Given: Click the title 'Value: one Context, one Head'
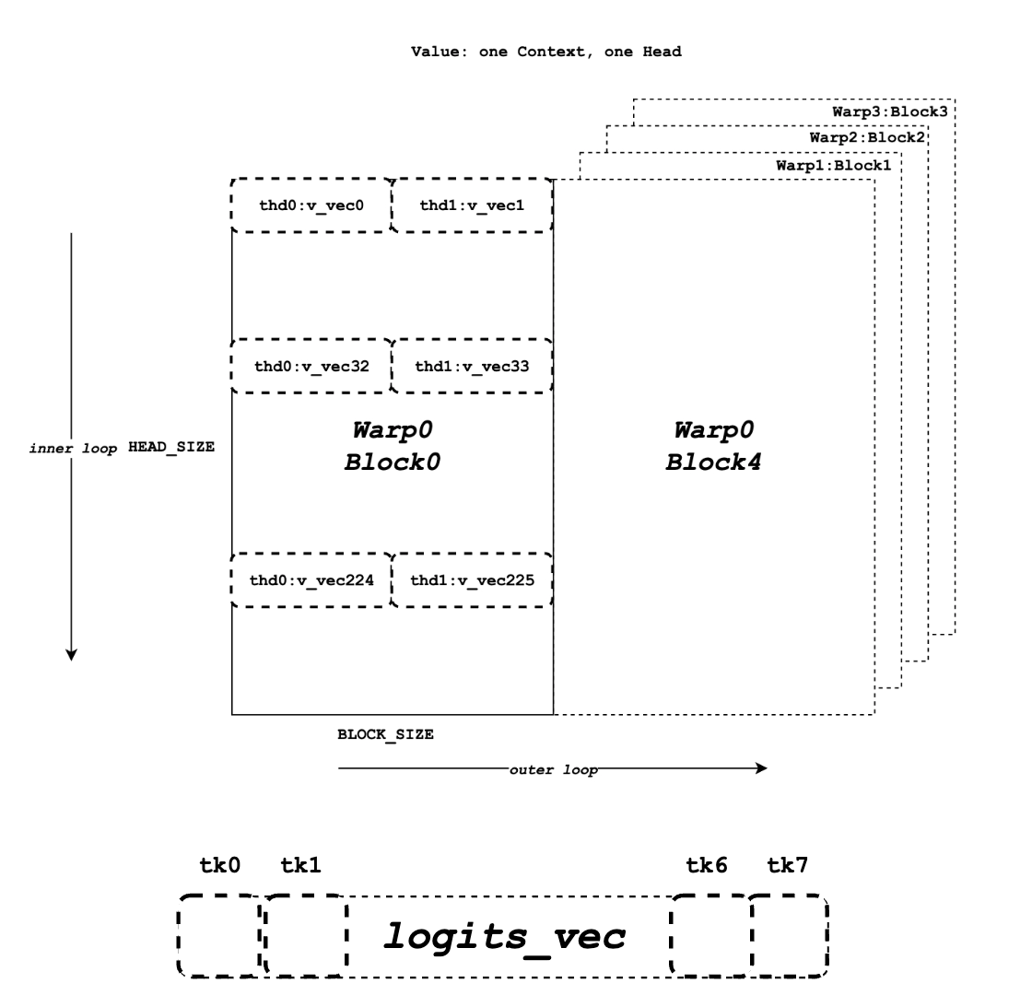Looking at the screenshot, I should [x=545, y=53].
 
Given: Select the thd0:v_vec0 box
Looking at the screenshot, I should [x=311, y=205].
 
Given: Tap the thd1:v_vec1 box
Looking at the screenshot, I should [x=471, y=205].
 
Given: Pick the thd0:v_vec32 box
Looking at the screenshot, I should [x=311, y=366].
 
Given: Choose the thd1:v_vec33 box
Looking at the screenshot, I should [x=471, y=366].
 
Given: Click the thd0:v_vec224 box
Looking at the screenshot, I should [x=311, y=580].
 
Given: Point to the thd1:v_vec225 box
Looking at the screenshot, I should [x=471, y=580].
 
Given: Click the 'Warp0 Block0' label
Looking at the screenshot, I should [x=393, y=446].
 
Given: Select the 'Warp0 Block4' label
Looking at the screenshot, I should [x=713, y=446].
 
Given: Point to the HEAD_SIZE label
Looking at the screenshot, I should [x=171, y=447].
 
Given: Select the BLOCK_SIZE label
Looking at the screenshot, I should [x=385, y=735].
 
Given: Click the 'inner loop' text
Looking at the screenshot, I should [x=74, y=448].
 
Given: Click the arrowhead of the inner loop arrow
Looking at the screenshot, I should [x=71, y=655].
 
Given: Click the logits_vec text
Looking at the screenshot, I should [x=505, y=936].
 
